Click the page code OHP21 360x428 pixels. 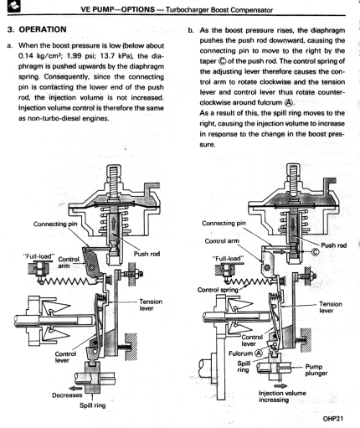[x=332, y=419]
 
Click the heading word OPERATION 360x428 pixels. [x=43, y=29]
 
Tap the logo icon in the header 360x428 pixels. [x=14, y=8]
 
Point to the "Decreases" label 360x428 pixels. [x=67, y=395]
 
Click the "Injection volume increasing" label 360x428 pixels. [x=282, y=396]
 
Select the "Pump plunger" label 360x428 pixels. [x=316, y=370]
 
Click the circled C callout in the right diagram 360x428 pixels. [x=315, y=252]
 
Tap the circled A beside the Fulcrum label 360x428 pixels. [x=259, y=353]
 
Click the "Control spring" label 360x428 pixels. [x=218, y=290]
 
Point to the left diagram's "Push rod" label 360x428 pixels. [x=147, y=254]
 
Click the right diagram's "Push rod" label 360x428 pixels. [x=334, y=245]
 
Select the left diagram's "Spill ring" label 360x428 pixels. [x=93, y=405]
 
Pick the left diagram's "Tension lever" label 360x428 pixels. [x=151, y=305]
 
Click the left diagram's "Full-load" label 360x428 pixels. [x=39, y=256]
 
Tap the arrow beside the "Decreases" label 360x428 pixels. [x=75, y=388]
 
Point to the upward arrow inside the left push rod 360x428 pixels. [x=114, y=224]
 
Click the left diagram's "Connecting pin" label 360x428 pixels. [x=55, y=224]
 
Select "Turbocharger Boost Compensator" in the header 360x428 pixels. [x=219, y=10]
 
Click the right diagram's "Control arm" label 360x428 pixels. [x=222, y=241]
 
